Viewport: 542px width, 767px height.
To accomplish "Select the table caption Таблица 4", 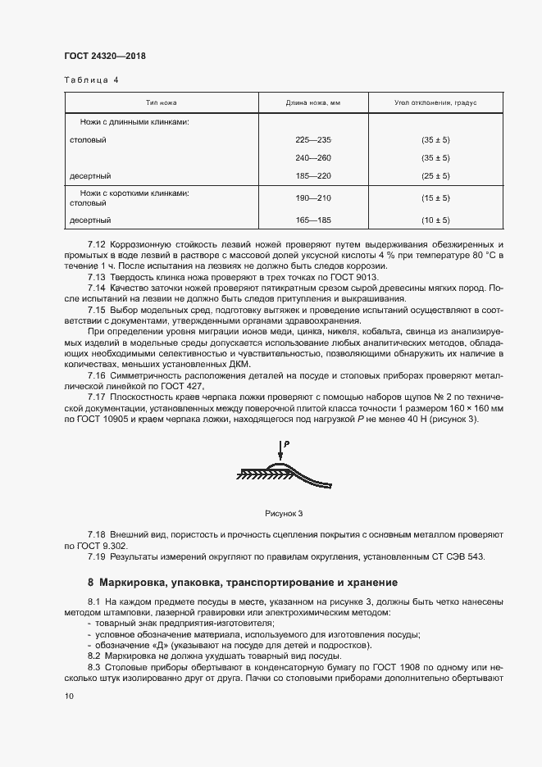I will click(91, 80).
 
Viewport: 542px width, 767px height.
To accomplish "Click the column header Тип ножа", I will click(162, 104).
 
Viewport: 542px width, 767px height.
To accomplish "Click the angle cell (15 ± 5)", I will click(435, 197).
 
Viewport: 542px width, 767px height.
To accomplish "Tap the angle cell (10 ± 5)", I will click(435, 220).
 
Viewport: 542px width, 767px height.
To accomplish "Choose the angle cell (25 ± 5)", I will click(435, 175).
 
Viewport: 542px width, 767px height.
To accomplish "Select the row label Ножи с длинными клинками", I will click(134, 121).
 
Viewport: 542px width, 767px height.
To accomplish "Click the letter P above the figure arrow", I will click(288, 443).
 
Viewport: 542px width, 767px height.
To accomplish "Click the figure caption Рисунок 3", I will click(284, 514).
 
